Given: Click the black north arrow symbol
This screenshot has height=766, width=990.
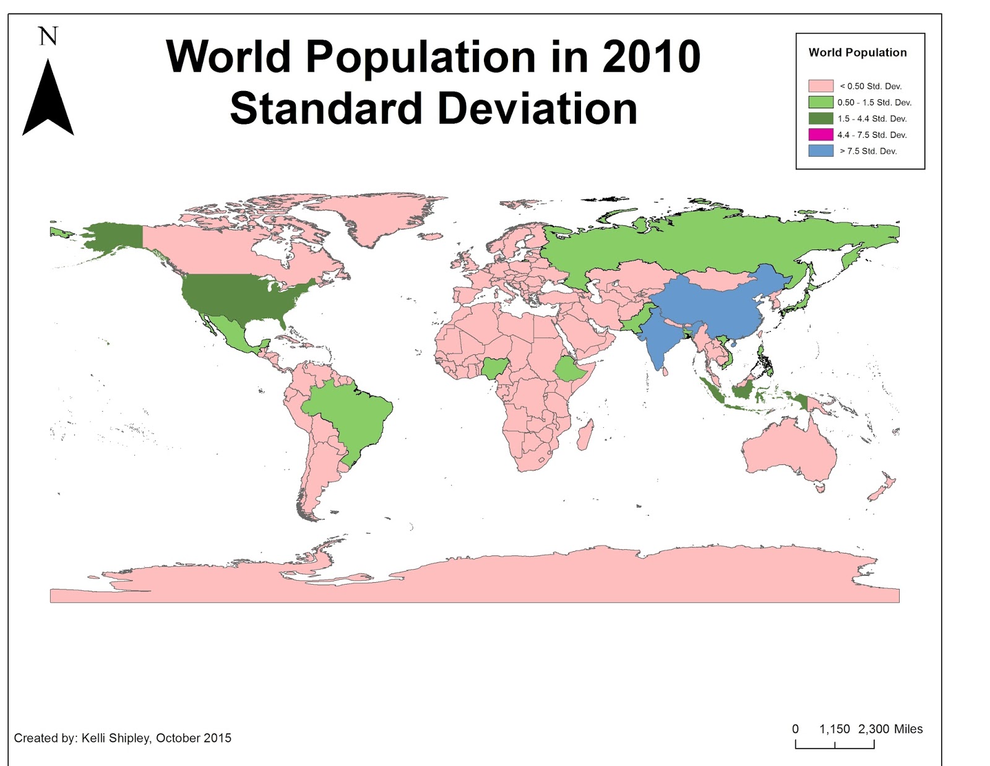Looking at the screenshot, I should pyautogui.click(x=48, y=102).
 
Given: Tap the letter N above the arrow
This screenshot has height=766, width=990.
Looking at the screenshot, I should pyautogui.click(x=48, y=37).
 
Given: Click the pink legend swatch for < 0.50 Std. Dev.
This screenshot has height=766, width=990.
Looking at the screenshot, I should pyautogui.click(x=820, y=86).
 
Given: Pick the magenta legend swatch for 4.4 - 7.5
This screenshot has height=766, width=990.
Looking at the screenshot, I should pyautogui.click(x=820, y=134).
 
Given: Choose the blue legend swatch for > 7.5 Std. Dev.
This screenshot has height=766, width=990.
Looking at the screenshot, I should pyautogui.click(x=820, y=150).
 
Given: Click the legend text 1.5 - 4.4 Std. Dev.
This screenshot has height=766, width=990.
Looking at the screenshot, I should pyautogui.click(x=872, y=118).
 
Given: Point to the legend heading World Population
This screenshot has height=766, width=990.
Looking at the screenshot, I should pyautogui.click(x=857, y=53).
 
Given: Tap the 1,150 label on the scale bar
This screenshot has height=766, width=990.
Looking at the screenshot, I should pyautogui.click(x=834, y=729).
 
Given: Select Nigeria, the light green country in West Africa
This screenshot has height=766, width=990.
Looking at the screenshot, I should pyautogui.click(x=495, y=368).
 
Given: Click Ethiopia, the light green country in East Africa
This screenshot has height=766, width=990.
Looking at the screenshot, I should pyautogui.click(x=569, y=370).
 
